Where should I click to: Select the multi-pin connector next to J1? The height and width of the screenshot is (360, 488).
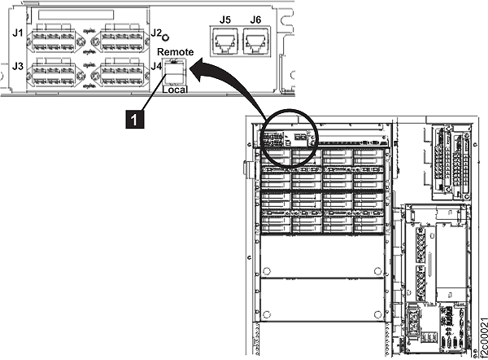pos(52,37)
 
